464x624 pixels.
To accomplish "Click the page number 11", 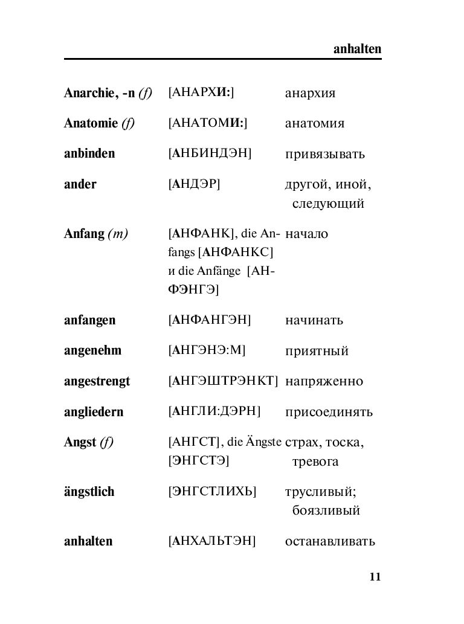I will [375, 577].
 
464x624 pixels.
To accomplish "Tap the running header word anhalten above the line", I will [357, 49].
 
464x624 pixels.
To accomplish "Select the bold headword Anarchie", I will [88, 93].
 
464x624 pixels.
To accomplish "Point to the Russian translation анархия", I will [310, 94].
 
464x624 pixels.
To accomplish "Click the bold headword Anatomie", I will [91, 123].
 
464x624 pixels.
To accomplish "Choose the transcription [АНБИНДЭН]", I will [210, 153].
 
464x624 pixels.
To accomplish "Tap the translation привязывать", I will [325, 154].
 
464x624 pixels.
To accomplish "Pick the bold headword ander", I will [80, 184].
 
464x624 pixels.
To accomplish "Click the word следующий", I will [328, 204].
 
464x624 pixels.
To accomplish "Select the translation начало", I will [306, 234].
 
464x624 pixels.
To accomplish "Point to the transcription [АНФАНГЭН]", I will [210, 320].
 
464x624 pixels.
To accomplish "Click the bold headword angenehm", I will [92, 350].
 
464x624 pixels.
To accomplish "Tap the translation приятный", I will [317, 351].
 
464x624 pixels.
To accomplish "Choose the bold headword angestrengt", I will [97, 381].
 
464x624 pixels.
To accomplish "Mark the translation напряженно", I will [324, 382].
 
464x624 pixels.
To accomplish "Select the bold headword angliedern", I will [94, 412].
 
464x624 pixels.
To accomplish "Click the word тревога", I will [315, 462].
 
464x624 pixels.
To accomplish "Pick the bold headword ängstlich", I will [89, 492].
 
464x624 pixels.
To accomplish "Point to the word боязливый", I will [326, 510].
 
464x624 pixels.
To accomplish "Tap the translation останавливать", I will [330, 541].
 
